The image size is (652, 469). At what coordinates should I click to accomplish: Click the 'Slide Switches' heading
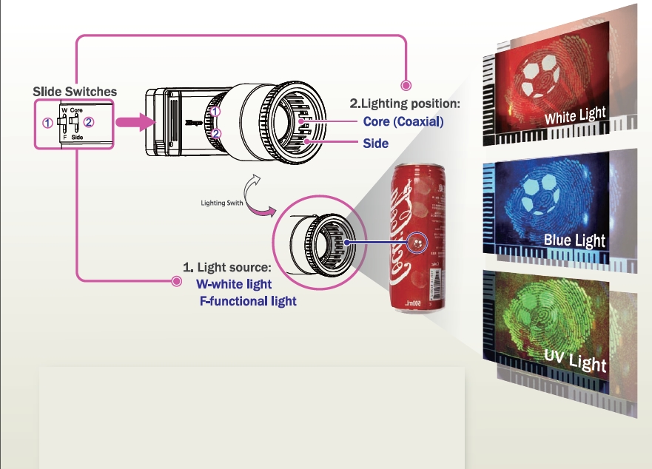(x=75, y=92)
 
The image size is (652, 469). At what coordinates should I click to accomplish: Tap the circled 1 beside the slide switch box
(x=47, y=123)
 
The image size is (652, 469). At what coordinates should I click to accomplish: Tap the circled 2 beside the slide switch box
(x=88, y=122)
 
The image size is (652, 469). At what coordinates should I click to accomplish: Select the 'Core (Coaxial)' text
(x=403, y=122)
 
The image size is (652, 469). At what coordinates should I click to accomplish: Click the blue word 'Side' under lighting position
(x=375, y=143)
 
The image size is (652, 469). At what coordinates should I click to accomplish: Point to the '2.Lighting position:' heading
(x=405, y=104)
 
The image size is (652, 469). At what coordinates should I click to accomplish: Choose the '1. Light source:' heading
(x=227, y=266)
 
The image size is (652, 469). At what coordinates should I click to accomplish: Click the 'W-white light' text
(x=233, y=284)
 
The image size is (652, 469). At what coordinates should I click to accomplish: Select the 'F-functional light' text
(x=248, y=301)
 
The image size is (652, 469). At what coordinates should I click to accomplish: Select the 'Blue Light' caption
(x=574, y=240)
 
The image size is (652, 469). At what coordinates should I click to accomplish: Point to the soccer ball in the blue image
(x=542, y=196)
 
